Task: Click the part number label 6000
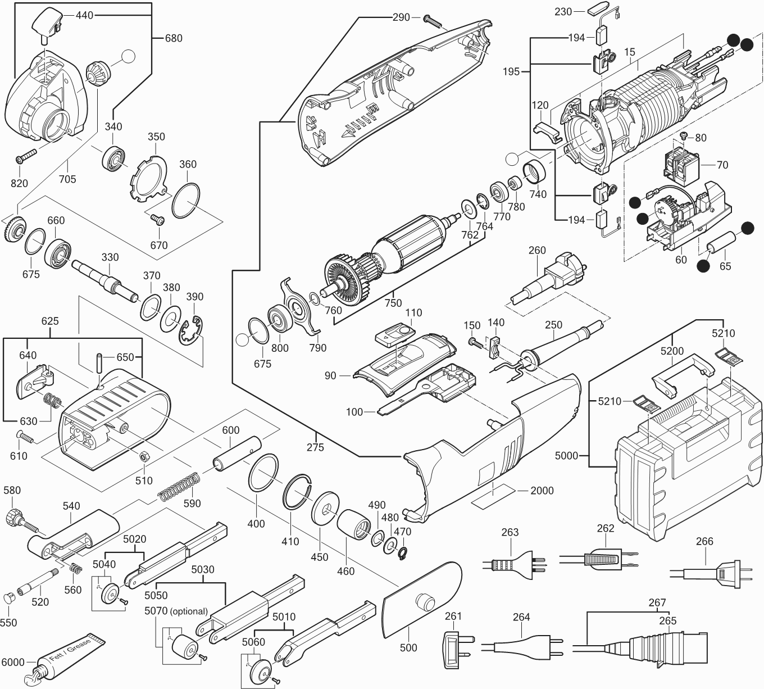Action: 12,662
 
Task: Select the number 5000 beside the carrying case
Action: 566,455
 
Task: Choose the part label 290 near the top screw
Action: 401,17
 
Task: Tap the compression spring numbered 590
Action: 179,487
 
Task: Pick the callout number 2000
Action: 542,490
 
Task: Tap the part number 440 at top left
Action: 84,16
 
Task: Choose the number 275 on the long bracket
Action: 316,447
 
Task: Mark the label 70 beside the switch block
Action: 722,165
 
